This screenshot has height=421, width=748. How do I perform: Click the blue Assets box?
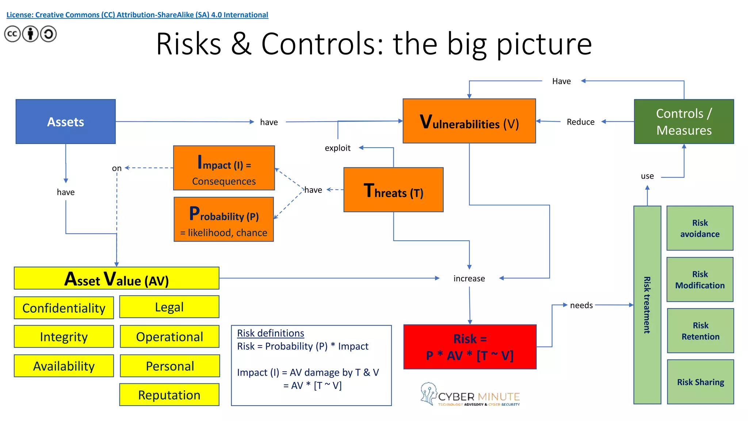(66, 122)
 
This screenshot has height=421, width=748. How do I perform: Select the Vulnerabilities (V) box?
(469, 121)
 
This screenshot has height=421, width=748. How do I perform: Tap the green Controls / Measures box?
(684, 122)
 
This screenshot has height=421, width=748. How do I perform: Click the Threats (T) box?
(393, 190)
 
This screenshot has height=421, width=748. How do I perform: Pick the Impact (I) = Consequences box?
(224, 168)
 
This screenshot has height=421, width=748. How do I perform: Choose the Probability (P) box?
(224, 220)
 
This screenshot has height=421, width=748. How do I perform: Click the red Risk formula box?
(470, 347)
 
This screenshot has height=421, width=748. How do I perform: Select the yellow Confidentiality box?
(64, 308)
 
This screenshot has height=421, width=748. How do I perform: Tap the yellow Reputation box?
(169, 395)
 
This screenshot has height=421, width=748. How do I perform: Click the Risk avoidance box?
(700, 228)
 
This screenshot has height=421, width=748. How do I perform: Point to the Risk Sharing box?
(700, 382)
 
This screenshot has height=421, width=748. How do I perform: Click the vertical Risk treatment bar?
(647, 305)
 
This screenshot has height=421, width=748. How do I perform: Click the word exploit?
(337, 148)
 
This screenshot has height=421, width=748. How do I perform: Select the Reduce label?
(580, 122)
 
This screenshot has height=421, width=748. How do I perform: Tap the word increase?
(469, 278)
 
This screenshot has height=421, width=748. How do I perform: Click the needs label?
(581, 305)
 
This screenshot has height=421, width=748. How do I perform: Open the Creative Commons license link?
(137, 15)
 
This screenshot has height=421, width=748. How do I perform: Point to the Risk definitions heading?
(271, 333)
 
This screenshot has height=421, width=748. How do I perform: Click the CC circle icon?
(12, 34)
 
